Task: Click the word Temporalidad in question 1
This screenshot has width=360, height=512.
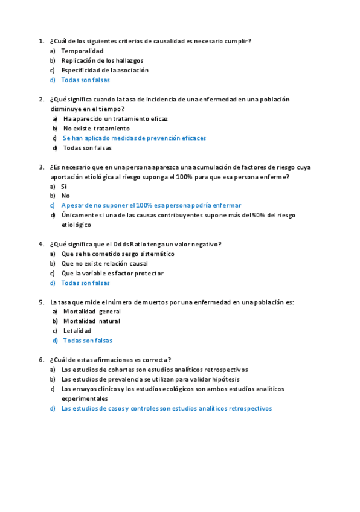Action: [x=82, y=51]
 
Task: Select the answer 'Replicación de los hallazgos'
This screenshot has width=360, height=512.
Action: [x=102, y=60]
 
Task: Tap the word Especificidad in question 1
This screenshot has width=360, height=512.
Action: [x=82, y=70]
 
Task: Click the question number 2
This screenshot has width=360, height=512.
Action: [x=41, y=100]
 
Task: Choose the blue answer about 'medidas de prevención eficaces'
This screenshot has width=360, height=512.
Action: [x=134, y=138]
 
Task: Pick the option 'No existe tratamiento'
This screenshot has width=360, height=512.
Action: [x=96, y=129]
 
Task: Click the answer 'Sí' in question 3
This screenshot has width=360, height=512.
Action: [x=64, y=186]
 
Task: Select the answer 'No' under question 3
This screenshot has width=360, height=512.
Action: [x=65, y=196]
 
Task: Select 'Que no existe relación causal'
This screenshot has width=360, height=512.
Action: [x=104, y=263]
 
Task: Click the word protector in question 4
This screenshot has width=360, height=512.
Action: [x=147, y=273]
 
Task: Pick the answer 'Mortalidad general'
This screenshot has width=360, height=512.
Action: [x=92, y=312]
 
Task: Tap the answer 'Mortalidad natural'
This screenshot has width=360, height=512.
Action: [x=91, y=321]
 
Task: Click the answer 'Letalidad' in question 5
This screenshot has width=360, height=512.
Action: [x=77, y=331]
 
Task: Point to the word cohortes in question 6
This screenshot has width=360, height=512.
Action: [x=115, y=370]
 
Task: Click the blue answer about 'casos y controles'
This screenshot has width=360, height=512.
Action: [x=166, y=408]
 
